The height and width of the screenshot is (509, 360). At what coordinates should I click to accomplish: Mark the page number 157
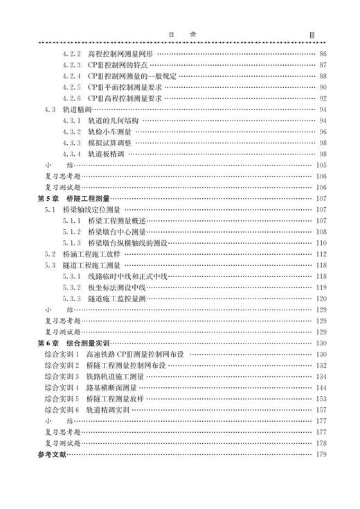click(321, 410)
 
